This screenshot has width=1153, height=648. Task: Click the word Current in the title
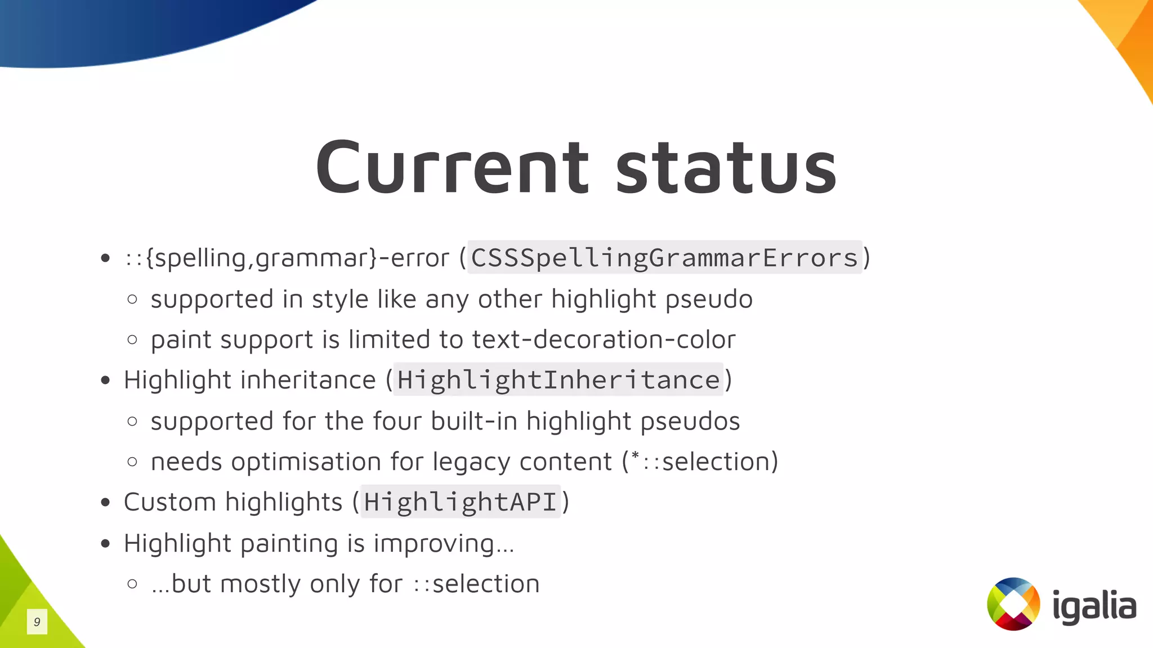pyautogui.click(x=452, y=167)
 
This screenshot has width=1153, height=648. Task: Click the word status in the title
pyautogui.click(x=726, y=167)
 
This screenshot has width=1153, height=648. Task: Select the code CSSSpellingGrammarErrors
pyautogui.click(x=664, y=258)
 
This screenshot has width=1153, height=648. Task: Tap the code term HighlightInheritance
pyautogui.click(x=558, y=380)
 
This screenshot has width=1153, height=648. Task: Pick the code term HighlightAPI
pyautogui.click(x=460, y=502)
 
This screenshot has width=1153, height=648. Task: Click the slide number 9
pyautogui.click(x=37, y=622)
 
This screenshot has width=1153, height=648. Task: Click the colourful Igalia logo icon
pyautogui.click(x=1013, y=604)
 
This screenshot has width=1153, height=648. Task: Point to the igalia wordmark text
pyautogui.click(x=1094, y=606)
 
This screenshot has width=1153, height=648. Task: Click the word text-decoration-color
pyautogui.click(x=604, y=339)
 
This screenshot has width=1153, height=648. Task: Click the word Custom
pyautogui.click(x=169, y=502)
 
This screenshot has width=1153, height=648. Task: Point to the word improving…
pyautogui.click(x=444, y=544)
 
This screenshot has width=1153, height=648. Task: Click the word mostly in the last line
pyautogui.click(x=260, y=584)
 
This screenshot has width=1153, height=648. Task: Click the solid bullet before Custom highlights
pyautogui.click(x=105, y=502)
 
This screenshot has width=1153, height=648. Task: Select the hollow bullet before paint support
pyautogui.click(x=132, y=339)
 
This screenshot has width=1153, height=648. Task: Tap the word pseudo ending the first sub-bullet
pyautogui.click(x=709, y=300)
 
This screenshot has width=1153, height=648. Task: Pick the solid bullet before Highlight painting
pyautogui.click(x=105, y=544)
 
